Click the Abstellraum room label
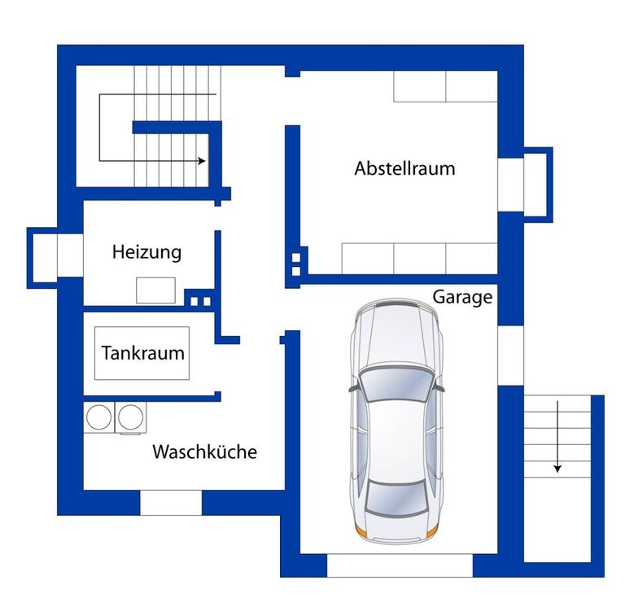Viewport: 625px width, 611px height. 404,168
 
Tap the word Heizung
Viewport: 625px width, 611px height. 146,252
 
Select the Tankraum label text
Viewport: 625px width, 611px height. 142,353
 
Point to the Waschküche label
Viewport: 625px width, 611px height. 204,452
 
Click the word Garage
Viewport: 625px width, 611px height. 462,297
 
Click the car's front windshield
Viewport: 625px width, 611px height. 396,384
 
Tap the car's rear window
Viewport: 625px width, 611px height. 395,497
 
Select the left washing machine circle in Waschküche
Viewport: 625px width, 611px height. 98,417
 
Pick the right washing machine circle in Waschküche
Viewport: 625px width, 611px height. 131,417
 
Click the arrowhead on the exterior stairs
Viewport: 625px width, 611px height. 557,469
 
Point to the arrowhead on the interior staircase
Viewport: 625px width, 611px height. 202,161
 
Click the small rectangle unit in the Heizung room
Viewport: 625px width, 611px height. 156,290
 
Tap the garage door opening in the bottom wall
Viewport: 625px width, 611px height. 400,565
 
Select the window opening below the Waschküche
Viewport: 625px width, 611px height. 171,503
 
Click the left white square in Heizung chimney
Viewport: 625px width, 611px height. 194,302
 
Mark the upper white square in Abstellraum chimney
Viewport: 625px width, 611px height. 295,258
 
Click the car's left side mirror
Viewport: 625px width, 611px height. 353,389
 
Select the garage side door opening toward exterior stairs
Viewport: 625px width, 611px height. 510,356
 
